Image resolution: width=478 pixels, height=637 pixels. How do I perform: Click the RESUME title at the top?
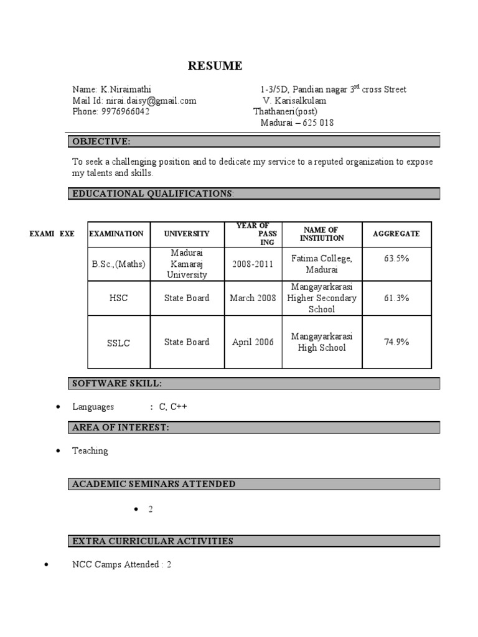click(215, 66)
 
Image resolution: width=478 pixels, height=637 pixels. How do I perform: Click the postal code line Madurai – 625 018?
click(297, 123)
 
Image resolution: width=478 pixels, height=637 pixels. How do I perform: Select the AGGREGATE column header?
click(396, 234)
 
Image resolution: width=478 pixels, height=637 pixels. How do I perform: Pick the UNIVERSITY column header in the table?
click(187, 234)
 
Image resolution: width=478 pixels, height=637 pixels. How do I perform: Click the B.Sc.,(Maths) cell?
click(118, 264)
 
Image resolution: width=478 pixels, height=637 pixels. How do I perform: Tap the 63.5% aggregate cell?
click(396, 258)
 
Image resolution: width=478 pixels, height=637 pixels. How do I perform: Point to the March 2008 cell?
click(253, 298)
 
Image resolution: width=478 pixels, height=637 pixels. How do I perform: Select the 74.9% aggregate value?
click(396, 342)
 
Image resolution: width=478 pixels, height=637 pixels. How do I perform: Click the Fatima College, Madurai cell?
click(321, 264)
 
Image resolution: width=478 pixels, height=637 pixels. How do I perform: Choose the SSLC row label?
click(118, 343)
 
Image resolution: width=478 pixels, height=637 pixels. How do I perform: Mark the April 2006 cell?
click(253, 342)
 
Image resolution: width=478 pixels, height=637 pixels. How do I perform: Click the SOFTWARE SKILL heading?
click(118, 383)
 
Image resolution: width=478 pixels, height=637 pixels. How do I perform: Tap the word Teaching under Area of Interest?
click(90, 451)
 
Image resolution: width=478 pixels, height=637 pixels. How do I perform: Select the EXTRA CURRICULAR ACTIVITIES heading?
click(153, 541)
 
